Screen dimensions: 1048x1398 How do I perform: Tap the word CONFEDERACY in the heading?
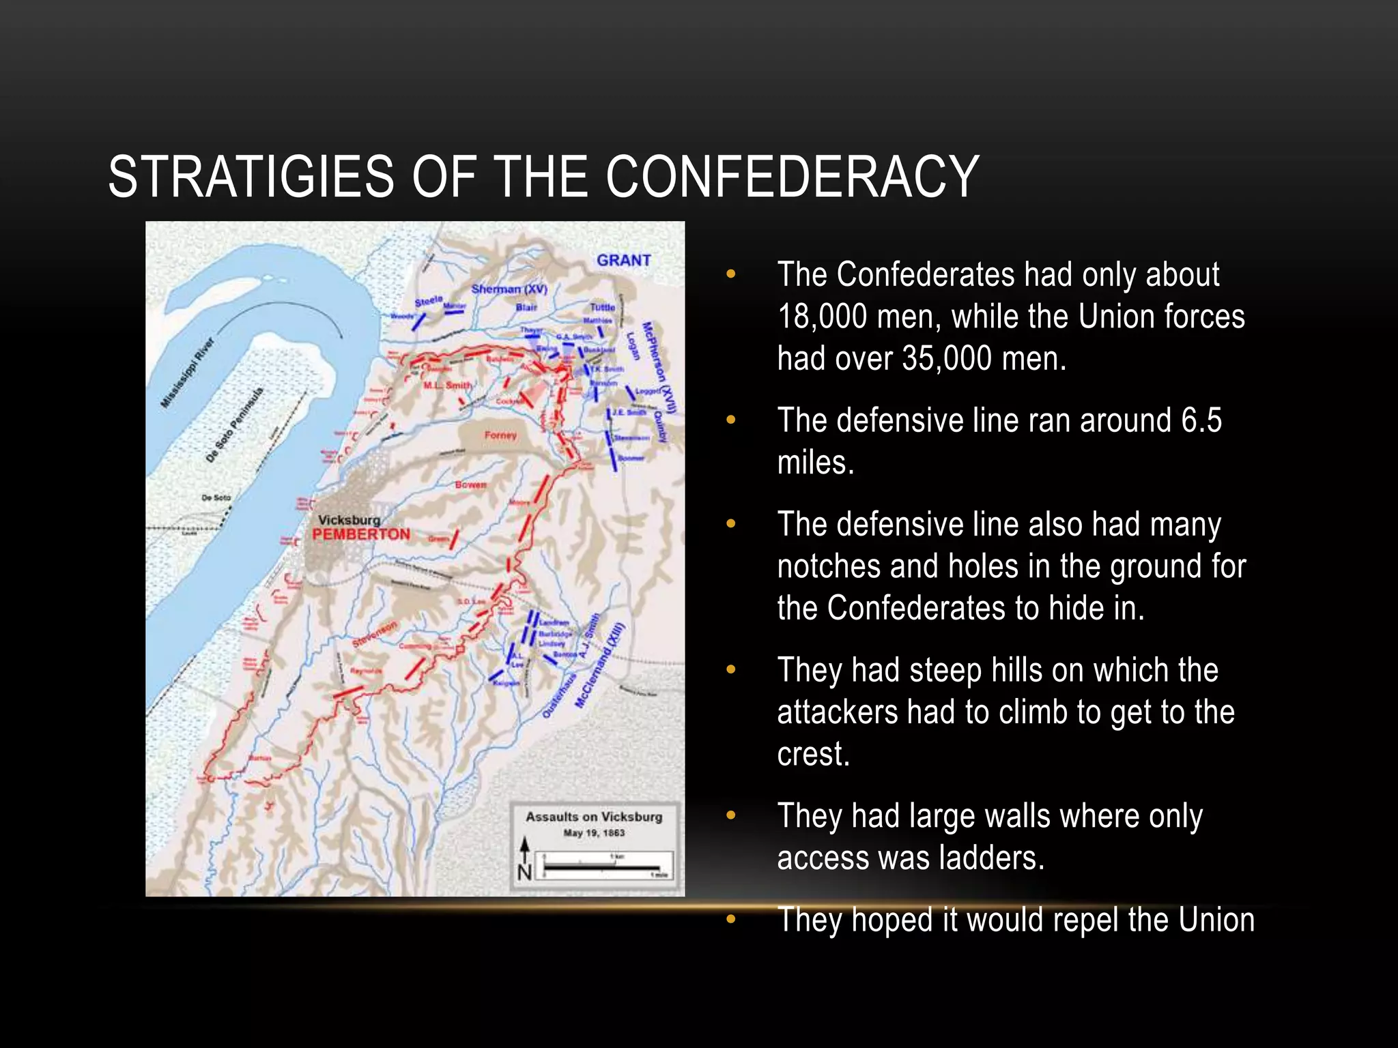[792, 177]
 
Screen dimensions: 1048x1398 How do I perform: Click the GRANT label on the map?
[623, 260]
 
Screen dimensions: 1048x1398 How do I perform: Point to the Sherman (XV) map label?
[509, 289]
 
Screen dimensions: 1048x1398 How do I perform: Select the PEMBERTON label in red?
[361, 534]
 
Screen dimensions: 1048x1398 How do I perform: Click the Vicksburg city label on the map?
[349, 520]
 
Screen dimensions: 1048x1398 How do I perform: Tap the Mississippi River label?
[187, 373]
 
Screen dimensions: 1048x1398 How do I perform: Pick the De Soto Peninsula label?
[234, 424]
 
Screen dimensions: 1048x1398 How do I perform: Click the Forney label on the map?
[500, 435]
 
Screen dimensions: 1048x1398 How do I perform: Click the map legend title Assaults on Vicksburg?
[594, 817]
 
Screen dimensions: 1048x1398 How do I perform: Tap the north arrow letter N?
[524, 873]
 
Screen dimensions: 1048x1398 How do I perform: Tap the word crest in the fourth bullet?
[812, 755]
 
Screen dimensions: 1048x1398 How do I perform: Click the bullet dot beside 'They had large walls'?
[731, 816]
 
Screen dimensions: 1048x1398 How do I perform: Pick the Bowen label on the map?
[471, 484]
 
